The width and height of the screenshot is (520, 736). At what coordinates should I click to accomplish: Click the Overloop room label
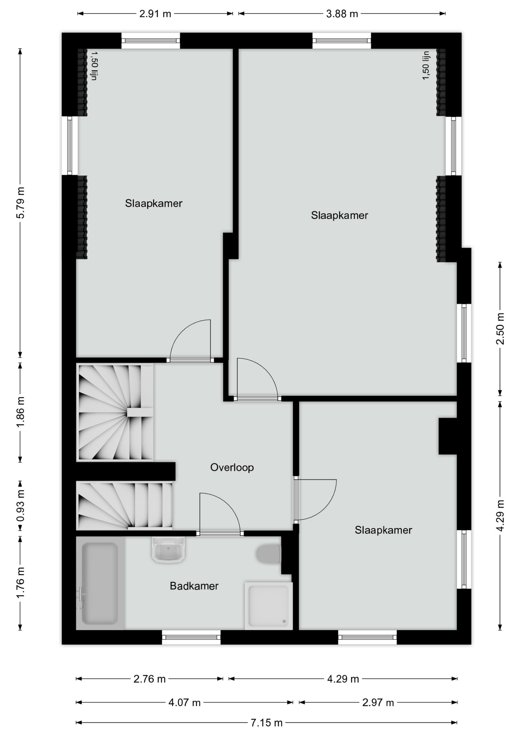[232, 467]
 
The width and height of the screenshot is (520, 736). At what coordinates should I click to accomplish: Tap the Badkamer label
[194, 586]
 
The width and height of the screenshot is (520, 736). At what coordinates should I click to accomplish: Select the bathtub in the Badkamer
[100, 583]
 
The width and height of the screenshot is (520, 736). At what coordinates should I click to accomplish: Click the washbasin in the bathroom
[168, 550]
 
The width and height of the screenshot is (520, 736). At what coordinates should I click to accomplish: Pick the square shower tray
[268, 606]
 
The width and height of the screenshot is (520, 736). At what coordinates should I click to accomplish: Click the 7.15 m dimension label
[267, 723]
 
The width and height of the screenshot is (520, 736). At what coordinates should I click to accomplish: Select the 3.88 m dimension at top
[342, 14]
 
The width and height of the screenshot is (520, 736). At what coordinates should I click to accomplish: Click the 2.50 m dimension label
[500, 329]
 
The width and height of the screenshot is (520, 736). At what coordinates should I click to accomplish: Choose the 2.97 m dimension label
[378, 702]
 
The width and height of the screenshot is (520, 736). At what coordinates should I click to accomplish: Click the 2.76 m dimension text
[149, 679]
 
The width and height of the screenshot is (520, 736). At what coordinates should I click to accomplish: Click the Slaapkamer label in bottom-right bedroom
[383, 530]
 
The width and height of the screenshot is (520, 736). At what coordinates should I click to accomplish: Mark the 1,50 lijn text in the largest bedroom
[426, 66]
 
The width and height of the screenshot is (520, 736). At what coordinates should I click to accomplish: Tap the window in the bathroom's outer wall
[191, 637]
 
